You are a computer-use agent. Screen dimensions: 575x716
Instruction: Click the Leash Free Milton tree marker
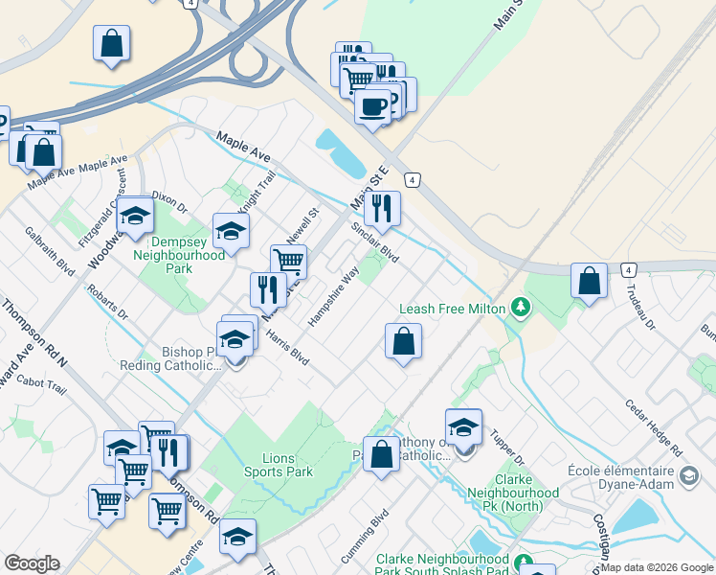[x=521, y=308]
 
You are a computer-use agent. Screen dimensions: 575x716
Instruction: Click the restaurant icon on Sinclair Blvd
[x=382, y=208]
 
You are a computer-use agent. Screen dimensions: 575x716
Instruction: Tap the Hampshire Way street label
[x=334, y=296]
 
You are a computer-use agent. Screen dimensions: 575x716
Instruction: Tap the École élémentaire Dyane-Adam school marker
[x=688, y=476]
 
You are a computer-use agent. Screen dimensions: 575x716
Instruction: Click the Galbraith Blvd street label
[x=50, y=251]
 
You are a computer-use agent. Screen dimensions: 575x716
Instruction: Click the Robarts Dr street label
[x=106, y=301]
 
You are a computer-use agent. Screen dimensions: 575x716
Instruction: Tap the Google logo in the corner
[x=32, y=563]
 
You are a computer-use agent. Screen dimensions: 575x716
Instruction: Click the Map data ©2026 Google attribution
[x=658, y=567]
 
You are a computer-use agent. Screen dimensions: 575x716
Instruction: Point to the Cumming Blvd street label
[x=366, y=538]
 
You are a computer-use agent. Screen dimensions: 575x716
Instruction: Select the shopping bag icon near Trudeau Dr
[x=589, y=281]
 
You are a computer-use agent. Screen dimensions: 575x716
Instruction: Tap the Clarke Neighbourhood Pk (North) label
[x=526, y=493]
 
